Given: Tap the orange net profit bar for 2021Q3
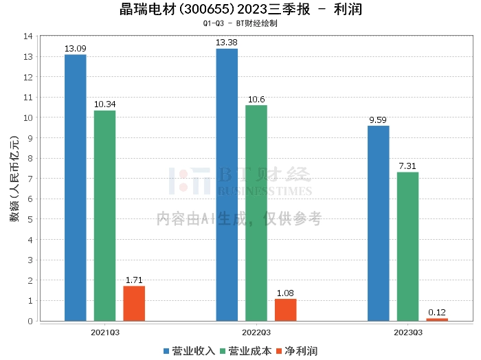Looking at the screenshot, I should tap(134, 303).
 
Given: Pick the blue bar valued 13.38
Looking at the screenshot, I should tap(227, 185).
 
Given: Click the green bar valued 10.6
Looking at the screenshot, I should tap(256, 213).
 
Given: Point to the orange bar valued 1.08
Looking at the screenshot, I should tap(286, 310).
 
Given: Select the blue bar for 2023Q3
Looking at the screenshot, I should tap(379, 223).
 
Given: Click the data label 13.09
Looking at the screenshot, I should tap(76, 49).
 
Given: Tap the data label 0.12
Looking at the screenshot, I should tap(437, 313).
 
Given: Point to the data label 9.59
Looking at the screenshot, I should tap(379, 120).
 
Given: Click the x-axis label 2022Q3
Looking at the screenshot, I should tap(256, 332).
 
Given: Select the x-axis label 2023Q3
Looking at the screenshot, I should tap(407, 332).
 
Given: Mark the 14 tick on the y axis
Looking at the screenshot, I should tap(28, 36).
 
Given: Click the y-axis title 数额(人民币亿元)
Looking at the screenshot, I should tap(14, 179).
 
